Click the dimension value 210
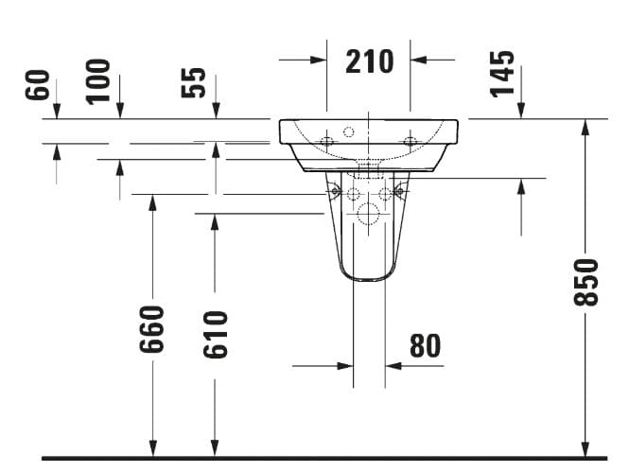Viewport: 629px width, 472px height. point(368,61)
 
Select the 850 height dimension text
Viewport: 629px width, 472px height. point(586,281)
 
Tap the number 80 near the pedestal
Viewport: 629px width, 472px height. point(425,346)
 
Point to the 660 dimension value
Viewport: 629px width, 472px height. point(151,328)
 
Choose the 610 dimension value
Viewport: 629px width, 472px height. point(215,334)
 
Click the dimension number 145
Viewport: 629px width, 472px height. point(504,73)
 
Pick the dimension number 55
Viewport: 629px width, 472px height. point(193,82)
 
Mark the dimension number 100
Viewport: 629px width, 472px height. point(98,80)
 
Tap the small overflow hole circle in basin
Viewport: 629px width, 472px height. point(347,131)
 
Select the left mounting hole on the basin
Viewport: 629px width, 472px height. point(326,142)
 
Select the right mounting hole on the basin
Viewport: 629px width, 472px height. point(410,142)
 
